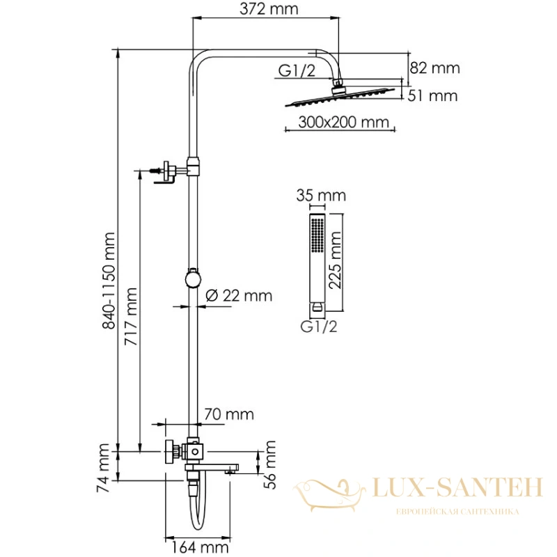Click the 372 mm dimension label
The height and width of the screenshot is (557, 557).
[x=269, y=9]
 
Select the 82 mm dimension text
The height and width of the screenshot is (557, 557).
[x=434, y=68]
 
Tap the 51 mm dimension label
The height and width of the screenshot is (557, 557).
[x=432, y=95]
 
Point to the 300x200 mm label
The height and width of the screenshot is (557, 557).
[x=343, y=122]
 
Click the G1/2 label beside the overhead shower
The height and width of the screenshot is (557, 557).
[x=297, y=70]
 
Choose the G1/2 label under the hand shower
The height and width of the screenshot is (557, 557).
[x=319, y=326]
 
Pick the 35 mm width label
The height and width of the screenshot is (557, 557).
[x=321, y=196]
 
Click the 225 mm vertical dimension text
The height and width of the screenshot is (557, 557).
[x=335, y=260]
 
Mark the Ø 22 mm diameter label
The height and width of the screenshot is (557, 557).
[x=239, y=295]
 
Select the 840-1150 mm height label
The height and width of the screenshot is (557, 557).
[x=109, y=281]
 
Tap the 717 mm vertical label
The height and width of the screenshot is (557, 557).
[x=131, y=317]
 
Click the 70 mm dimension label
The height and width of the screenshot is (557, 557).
[x=229, y=414]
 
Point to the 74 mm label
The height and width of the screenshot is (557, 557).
[x=103, y=468]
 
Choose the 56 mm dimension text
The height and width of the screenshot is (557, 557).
[x=269, y=465]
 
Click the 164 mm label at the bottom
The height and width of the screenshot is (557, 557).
[x=201, y=547]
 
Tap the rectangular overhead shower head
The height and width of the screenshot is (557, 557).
[x=340, y=96]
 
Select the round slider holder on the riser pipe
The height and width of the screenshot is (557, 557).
[x=193, y=277]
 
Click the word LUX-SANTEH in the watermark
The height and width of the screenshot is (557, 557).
[x=457, y=487]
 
